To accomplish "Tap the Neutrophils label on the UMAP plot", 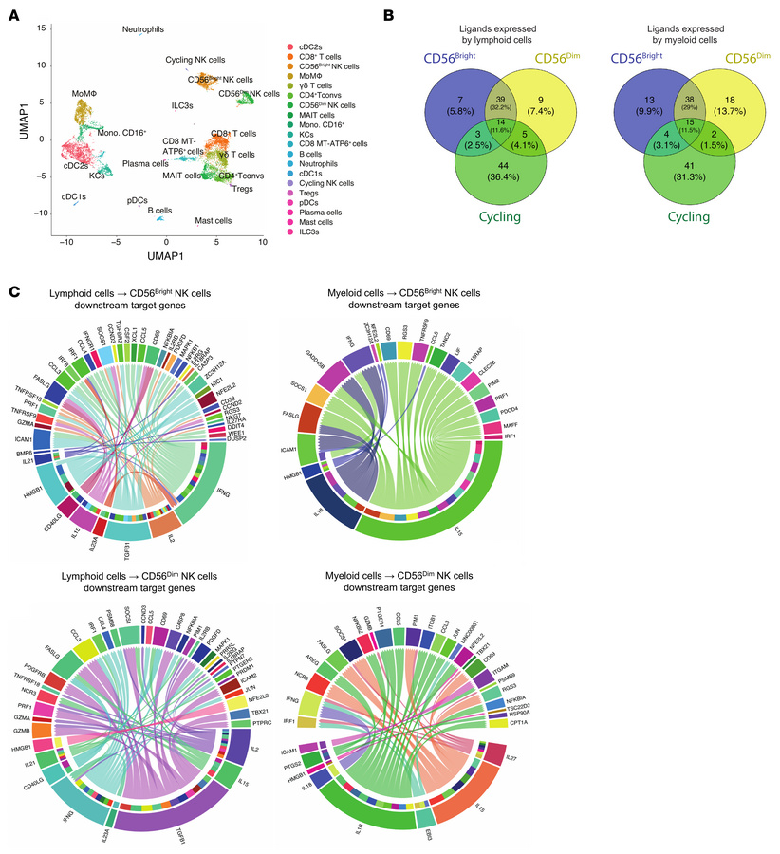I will [x=148, y=29].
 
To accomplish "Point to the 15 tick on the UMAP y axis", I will [x=42, y=28].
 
